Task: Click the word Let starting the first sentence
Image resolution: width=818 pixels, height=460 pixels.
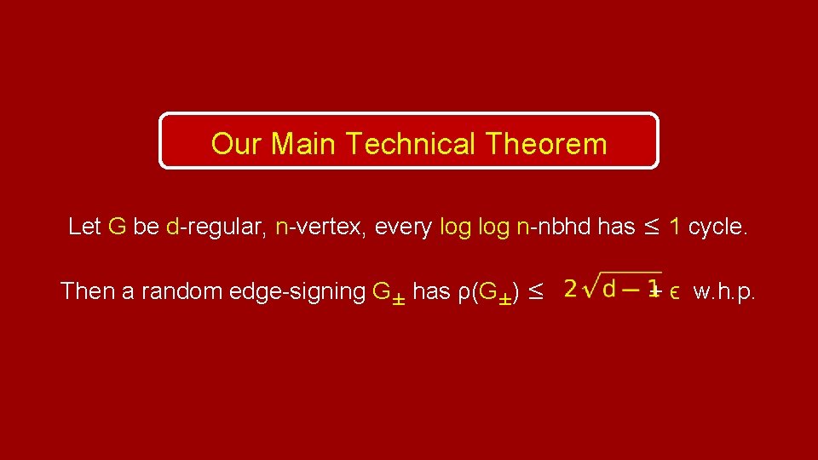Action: pos(84,227)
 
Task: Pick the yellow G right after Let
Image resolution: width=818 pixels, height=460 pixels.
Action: pos(118,227)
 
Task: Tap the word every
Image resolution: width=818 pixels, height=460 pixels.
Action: pos(403,227)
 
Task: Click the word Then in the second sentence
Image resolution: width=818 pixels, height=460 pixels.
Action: pos(89,291)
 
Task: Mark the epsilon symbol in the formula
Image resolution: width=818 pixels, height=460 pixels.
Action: pos(674,292)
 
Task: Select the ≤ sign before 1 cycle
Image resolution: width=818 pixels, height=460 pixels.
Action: pos(652,227)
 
